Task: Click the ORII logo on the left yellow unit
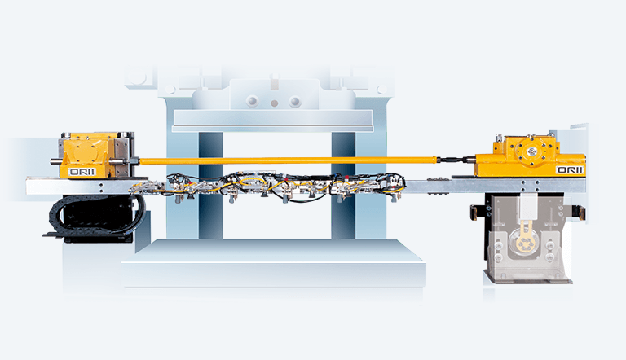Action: (82, 172)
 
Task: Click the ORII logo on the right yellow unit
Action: (570, 170)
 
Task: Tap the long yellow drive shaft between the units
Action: (288, 160)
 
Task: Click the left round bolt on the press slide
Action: (252, 100)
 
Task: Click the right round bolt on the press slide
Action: (294, 101)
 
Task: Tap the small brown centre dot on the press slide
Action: (274, 103)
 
